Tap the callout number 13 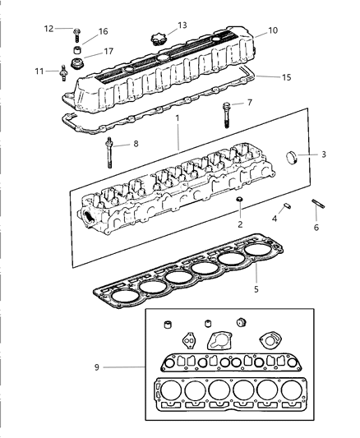tap(182, 25)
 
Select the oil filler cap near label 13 tap(156, 38)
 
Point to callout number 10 tap(272, 30)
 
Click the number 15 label tap(285, 78)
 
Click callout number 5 tap(256, 290)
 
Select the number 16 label tap(103, 31)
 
